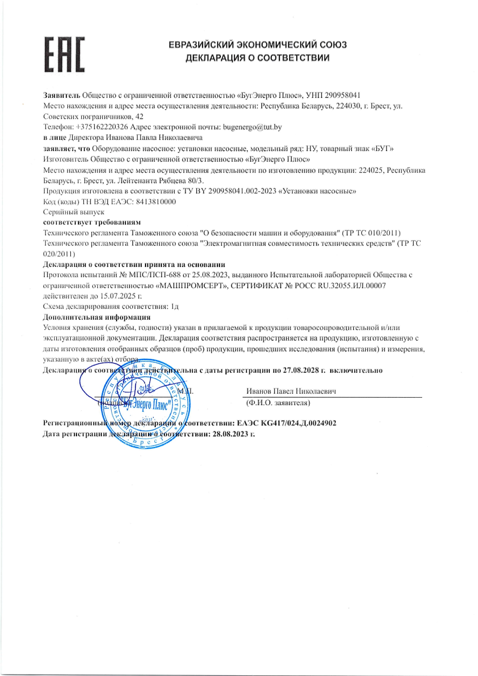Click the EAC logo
click(x=64, y=55)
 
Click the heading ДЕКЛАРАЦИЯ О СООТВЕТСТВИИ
click(x=258, y=58)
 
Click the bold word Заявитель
click(x=62, y=95)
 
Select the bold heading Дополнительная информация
click(x=96, y=317)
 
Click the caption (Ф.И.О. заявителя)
click(x=278, y=403)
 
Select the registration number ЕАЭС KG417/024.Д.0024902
click(x=286, y=423)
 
